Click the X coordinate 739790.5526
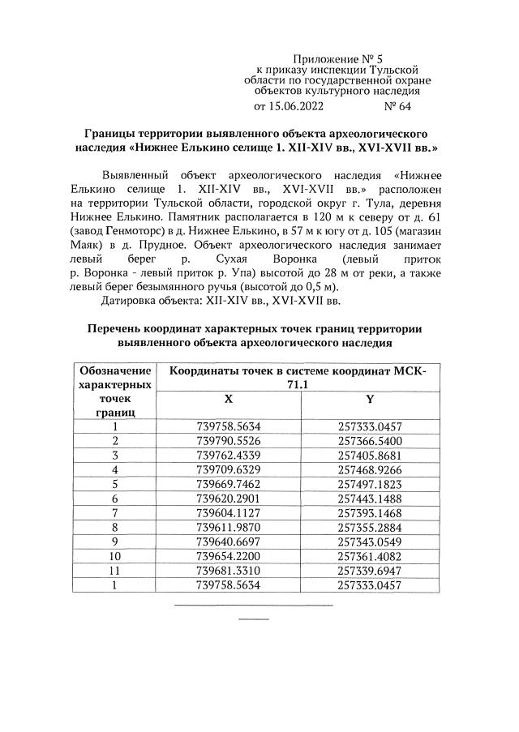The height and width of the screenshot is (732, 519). point(228,440)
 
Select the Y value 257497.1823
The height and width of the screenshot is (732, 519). point(371,484)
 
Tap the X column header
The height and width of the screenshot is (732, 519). point(228,400)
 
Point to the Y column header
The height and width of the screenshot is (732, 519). point(371,400)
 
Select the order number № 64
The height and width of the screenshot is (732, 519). point(397,106)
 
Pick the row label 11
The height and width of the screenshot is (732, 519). point(115,571)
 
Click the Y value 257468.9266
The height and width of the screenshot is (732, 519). point(371,469)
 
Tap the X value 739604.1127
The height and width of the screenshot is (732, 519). point(228,513)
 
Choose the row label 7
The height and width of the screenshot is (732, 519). point(115,513)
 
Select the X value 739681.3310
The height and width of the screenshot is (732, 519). point(228,571)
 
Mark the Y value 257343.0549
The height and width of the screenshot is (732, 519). point(371,542)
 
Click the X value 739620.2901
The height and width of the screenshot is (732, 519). point(228,499)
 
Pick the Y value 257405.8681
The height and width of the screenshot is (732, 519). point(371,455)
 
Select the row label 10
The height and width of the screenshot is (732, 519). point(115,557)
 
